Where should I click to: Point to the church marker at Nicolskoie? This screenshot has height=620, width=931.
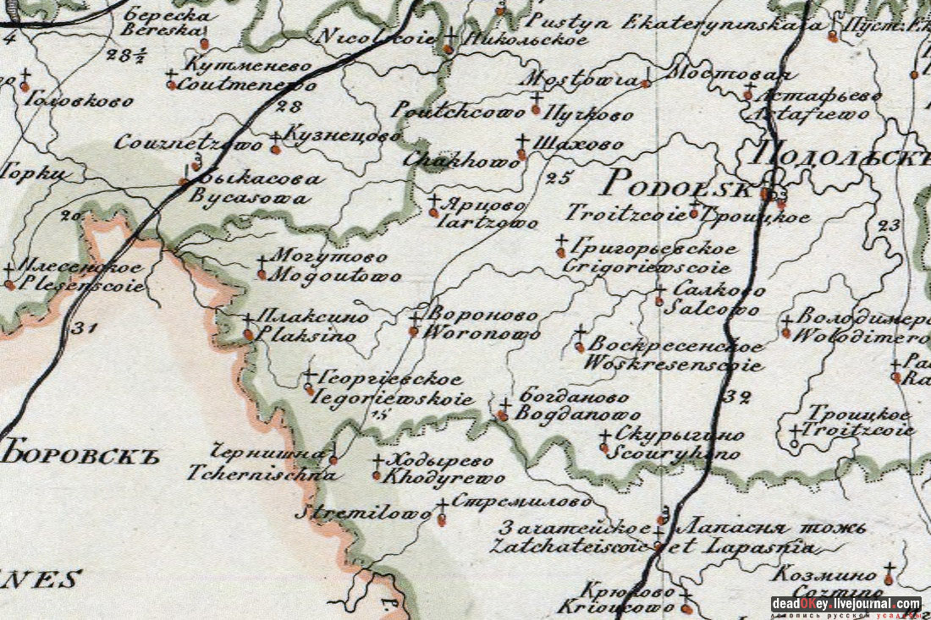[449, 48]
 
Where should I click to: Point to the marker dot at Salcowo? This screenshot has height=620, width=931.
[659, 301]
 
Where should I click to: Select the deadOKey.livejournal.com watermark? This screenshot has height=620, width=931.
[846, 604]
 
